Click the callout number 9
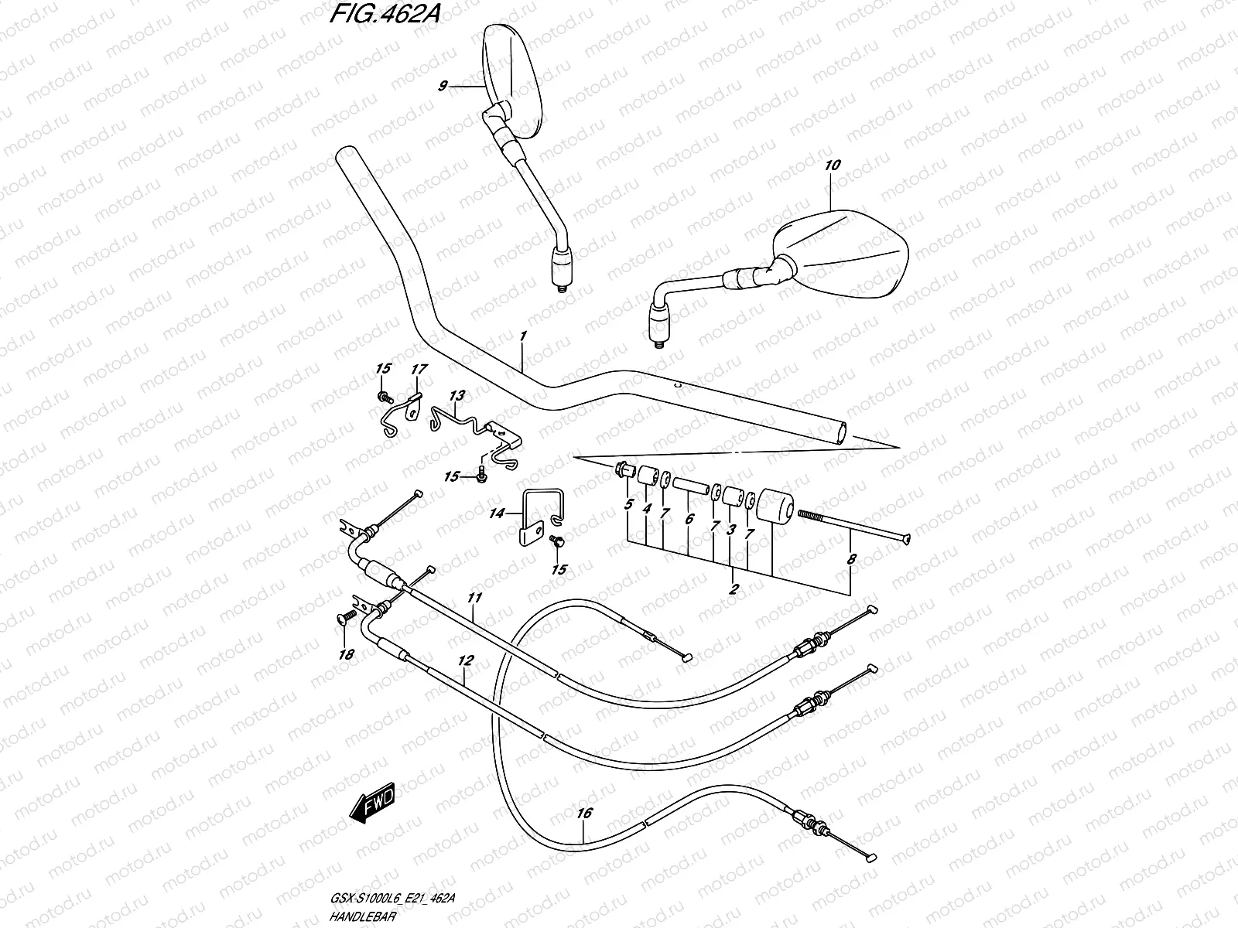[x=443, y=86]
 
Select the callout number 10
[x=833, y=165]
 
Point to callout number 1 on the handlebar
[x=523, y=336]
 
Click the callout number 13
[x=457, y=395]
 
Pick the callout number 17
[x=418, y=370]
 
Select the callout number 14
[x=496, y=512]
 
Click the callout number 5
[x=628, y=507]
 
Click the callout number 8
[x=852, y=558]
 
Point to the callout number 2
[x=734, y=589]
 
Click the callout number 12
[x=464, y=661]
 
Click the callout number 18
[x=346, y=654]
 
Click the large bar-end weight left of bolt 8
[x=775, y=505]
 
